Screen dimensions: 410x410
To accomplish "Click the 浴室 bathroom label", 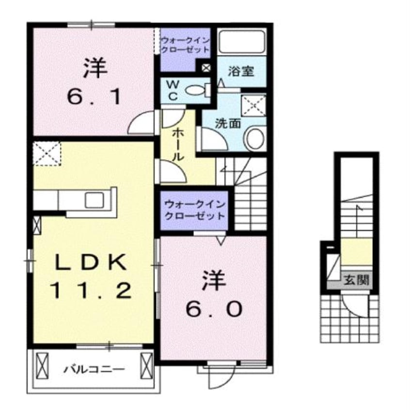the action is click(241, 71).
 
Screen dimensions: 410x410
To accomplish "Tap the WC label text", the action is click(173, 91).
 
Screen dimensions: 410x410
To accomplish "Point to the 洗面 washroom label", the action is click(228, 124).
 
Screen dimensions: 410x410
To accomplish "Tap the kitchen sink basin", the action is click(94, 200).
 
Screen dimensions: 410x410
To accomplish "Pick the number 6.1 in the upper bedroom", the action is click(95, 97).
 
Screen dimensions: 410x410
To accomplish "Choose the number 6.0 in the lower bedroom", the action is click(214, 309).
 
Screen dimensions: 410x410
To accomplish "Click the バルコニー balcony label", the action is click(95, 369).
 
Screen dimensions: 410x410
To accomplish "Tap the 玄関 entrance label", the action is click(356, 280).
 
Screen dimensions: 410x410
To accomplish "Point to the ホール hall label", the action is click(178, 145).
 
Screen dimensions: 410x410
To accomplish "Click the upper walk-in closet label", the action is click(185, 45).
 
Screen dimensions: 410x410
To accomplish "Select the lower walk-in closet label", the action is click(195, 210).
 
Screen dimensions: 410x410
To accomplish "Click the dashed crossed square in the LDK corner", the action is click(47, 154).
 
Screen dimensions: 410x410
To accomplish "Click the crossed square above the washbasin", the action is click(253, 105).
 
